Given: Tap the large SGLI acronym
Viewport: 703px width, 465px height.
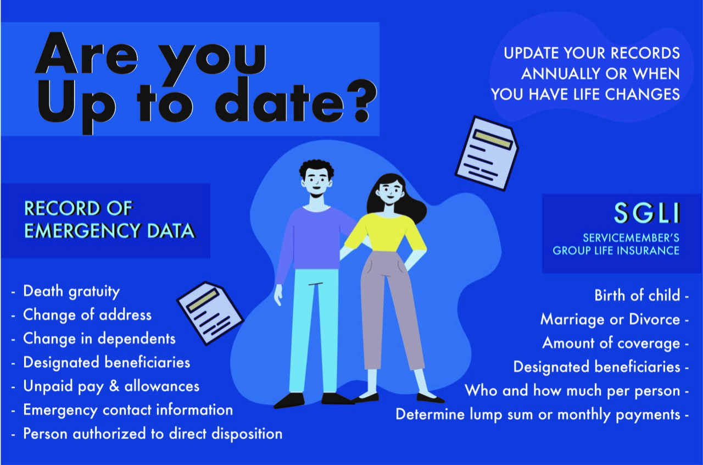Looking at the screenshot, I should (x=647, y=213).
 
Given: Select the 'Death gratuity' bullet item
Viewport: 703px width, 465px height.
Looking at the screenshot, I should (x=71, y=291).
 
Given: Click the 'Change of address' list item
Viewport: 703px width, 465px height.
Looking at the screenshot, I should (x=87, y=315).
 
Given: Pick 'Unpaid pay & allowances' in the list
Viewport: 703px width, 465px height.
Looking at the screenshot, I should (x=111, y=386).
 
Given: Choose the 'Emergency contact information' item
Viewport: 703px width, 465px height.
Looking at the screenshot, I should (x=127, y=410).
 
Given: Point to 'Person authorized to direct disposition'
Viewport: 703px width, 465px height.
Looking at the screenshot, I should (x=152, y=434).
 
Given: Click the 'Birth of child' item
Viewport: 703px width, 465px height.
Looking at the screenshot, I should (x=637, y=295).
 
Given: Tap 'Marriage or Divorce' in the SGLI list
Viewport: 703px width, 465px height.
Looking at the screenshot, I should (x=610, y=319).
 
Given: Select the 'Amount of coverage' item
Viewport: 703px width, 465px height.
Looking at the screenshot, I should (x=611, y=342).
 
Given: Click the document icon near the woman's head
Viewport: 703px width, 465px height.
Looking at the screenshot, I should (x=487, y=153).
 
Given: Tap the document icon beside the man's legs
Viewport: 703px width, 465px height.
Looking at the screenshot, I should (x=210, y=312).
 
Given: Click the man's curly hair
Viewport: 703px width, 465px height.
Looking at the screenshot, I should (x=316, y=167).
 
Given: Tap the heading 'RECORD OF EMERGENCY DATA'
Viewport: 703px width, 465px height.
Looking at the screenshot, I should (x=109, y=219).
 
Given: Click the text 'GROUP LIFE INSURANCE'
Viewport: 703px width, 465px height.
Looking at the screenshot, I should (x=616, y=251).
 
